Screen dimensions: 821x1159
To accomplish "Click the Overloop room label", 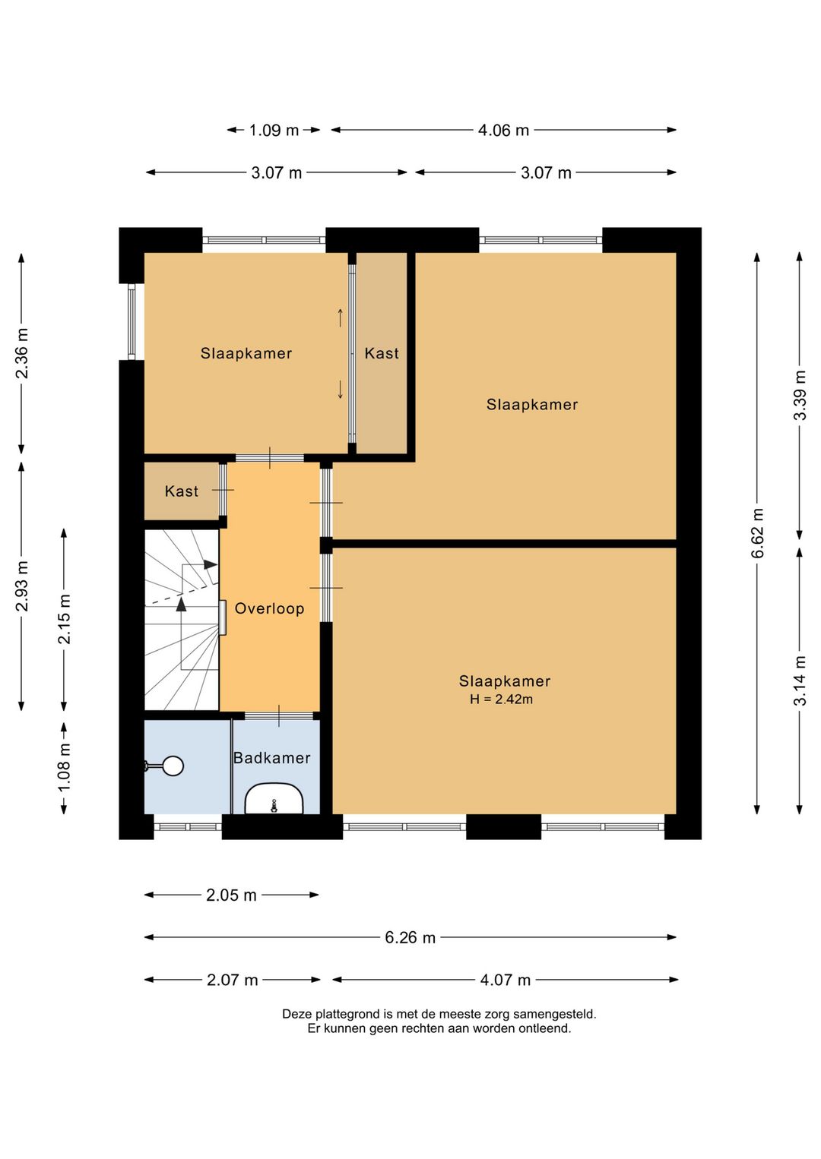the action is (269, 608).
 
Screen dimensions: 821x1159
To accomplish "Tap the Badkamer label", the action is (272, 758).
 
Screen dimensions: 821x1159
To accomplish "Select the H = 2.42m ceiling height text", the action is (501, 700).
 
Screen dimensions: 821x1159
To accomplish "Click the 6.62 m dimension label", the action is (757, 533).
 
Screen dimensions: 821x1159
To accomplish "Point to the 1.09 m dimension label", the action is (274, 130).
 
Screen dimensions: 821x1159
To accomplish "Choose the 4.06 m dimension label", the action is (503, 130).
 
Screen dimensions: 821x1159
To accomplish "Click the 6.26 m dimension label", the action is (410, 937).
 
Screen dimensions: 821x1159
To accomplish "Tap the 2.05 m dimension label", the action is (232, 895).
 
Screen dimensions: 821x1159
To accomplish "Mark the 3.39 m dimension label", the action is (800, 395).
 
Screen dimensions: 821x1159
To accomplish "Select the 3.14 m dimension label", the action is (800, 681).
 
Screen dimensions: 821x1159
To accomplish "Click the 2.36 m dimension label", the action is (22, 353).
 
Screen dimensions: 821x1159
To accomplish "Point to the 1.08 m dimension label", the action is (64, 767).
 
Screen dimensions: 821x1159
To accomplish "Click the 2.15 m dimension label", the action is (64, 619).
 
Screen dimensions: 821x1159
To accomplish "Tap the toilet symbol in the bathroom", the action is (165, 766).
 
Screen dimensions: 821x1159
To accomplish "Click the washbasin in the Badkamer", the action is (274, 798).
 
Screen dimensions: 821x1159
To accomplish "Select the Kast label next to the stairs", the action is (181, 491).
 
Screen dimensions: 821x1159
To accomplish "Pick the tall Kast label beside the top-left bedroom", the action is (382, 353).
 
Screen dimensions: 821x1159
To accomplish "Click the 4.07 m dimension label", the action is (506, 980).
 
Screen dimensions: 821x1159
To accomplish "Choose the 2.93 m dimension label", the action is (22, 586).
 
